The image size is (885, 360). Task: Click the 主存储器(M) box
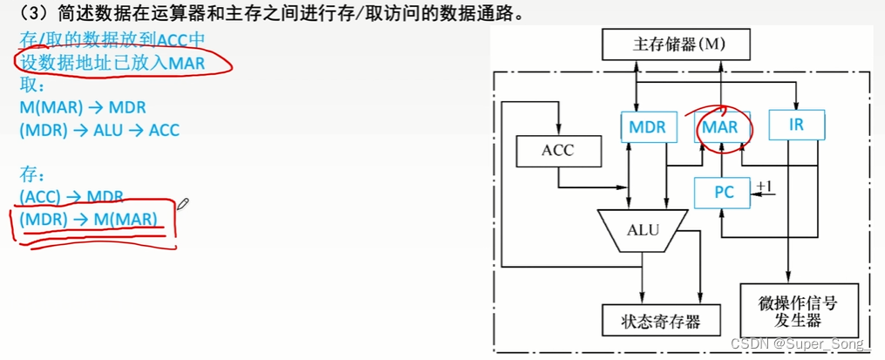pos(677,43)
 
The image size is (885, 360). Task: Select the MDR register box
pos(647,126)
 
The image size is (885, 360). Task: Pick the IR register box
pos(796,125)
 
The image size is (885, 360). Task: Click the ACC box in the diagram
pos(558,150)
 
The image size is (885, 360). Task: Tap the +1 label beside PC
pos(765,186)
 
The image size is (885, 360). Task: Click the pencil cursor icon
pos(183,204)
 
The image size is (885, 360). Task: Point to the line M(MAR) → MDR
pos(83,108)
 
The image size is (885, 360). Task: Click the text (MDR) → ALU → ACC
pos(99,131)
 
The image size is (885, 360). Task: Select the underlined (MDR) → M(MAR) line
pos(89,220)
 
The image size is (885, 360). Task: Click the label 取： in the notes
pos(32,85)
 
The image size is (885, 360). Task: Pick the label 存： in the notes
pos(32,175)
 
